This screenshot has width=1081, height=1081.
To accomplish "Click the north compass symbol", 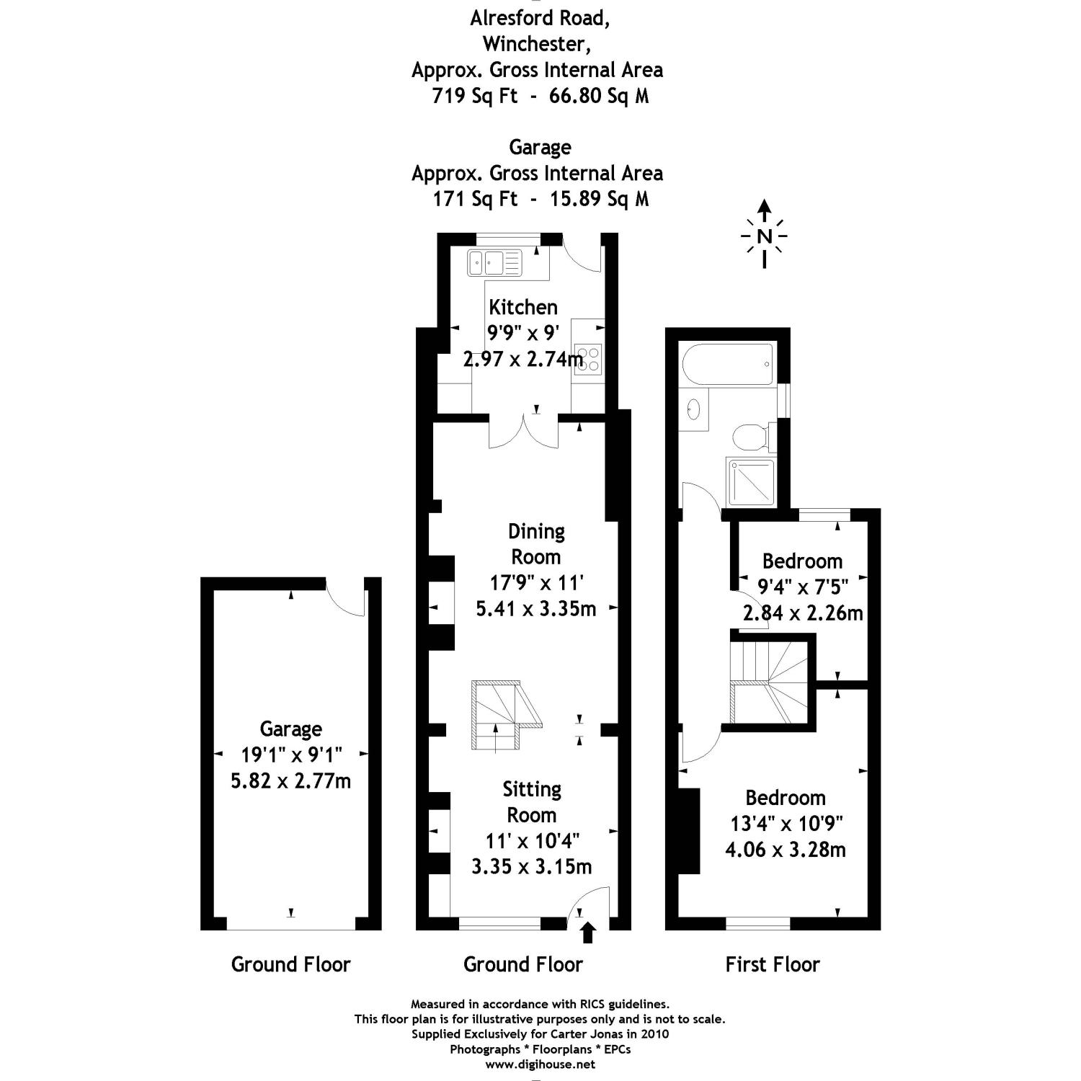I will coord(765,236).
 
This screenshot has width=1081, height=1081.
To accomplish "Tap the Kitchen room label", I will coord(523,307).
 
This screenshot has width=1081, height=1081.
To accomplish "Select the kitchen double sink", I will coord(494,262).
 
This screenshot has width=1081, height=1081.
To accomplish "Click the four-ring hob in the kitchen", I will coord(588,359).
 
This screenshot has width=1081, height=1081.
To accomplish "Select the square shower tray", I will coord(751,481).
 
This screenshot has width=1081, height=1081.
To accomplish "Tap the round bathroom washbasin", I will coord(693,409).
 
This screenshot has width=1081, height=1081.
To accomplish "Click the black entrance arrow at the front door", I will coord(588,933).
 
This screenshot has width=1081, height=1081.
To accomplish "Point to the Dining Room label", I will coord(535,544).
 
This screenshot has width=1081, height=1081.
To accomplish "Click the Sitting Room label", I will coord(532,802).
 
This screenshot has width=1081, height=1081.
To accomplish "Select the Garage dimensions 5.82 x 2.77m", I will coord(290,780).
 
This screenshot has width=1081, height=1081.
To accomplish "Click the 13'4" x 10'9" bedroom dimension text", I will coord(785,823).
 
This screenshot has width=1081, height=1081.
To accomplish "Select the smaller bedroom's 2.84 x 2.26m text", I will coord(803,613).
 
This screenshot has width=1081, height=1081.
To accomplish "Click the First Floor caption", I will coord(773,964).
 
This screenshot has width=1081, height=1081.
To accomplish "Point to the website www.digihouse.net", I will coord(540,1064).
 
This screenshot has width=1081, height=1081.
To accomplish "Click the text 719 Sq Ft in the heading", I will coord(474,96).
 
